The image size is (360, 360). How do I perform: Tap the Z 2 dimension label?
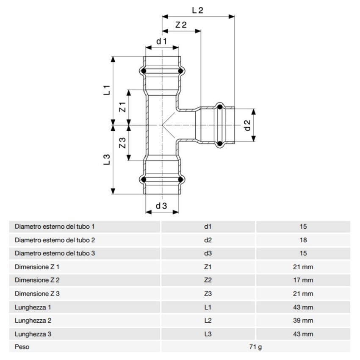(x=181, y=25)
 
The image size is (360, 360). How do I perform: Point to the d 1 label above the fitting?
(x=162, y=41)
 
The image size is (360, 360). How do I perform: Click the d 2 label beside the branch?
(x=248, y=125)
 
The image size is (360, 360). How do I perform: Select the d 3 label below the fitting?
(x=161, y=206)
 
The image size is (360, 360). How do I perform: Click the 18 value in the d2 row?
(x=302, y=240)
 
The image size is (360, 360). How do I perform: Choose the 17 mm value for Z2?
(x=302, y=280)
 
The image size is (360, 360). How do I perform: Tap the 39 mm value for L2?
(x=302, y=321)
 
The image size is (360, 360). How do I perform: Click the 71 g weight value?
(x=255, y=347)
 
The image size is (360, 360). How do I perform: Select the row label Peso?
(x=22, y=347)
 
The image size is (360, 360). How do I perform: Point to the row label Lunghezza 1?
(x=33, y=307)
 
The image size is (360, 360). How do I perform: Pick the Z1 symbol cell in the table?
(x=208, y=267)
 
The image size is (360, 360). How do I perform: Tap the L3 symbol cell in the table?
(x=208, y=334)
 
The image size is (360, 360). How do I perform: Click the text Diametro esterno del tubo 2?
(x=55, y=240)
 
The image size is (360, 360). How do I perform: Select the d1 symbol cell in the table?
(x=208, y=227)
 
